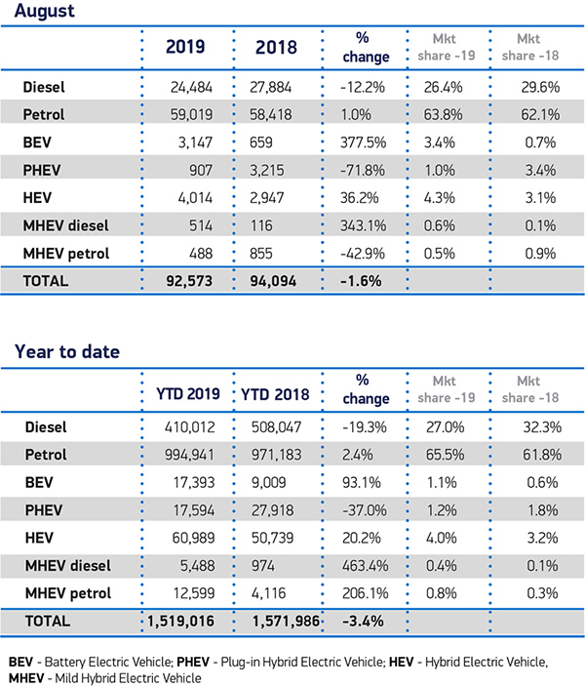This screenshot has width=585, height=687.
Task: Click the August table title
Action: point(45,11)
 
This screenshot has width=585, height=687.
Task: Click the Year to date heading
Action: point(67,352)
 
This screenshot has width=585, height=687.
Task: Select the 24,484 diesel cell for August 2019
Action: point(191,87)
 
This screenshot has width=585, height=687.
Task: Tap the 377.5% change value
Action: point(363,142)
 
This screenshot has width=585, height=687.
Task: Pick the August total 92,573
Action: point(189,281)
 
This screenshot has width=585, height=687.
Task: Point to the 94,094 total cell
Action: point(273,281)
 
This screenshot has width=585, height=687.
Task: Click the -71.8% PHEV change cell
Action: point(363,170)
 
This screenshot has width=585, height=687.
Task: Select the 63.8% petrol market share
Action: point(443,115)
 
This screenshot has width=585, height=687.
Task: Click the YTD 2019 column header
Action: point(188,394)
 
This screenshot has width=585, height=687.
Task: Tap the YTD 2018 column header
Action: point(275,394)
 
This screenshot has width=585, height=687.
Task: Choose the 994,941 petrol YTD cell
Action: point(189,455)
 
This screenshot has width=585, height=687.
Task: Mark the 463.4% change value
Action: point(366,566)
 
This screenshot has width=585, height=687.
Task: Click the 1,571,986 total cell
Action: point(286,622)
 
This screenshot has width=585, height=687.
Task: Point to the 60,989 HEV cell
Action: point(194,538)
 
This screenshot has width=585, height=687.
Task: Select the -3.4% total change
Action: point(363,622)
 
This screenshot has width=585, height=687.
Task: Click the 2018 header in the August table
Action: point(276,47)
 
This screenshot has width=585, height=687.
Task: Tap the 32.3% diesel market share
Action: point(542,427)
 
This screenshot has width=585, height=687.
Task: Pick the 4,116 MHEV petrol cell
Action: point(268,593)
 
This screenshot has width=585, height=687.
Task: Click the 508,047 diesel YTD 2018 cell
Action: point(276,427)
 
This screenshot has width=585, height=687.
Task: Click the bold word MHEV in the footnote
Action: point(26,678)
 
